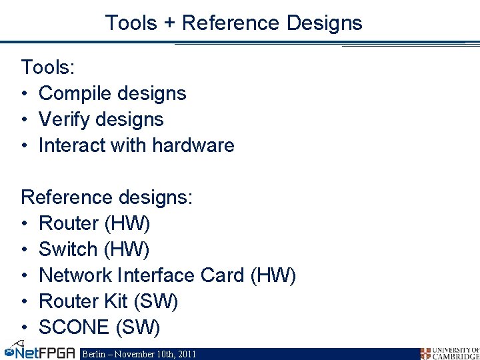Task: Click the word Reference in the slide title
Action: [231, 23]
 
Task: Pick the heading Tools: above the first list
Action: [46, 67]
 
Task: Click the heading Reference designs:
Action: [107, 197]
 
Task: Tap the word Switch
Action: [68, 249]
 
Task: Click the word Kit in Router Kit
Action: [115, 301]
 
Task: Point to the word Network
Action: [75, 275]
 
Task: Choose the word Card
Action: [223, 275]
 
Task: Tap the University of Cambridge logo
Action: [449, 353]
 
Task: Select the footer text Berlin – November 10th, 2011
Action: [139, 354]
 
